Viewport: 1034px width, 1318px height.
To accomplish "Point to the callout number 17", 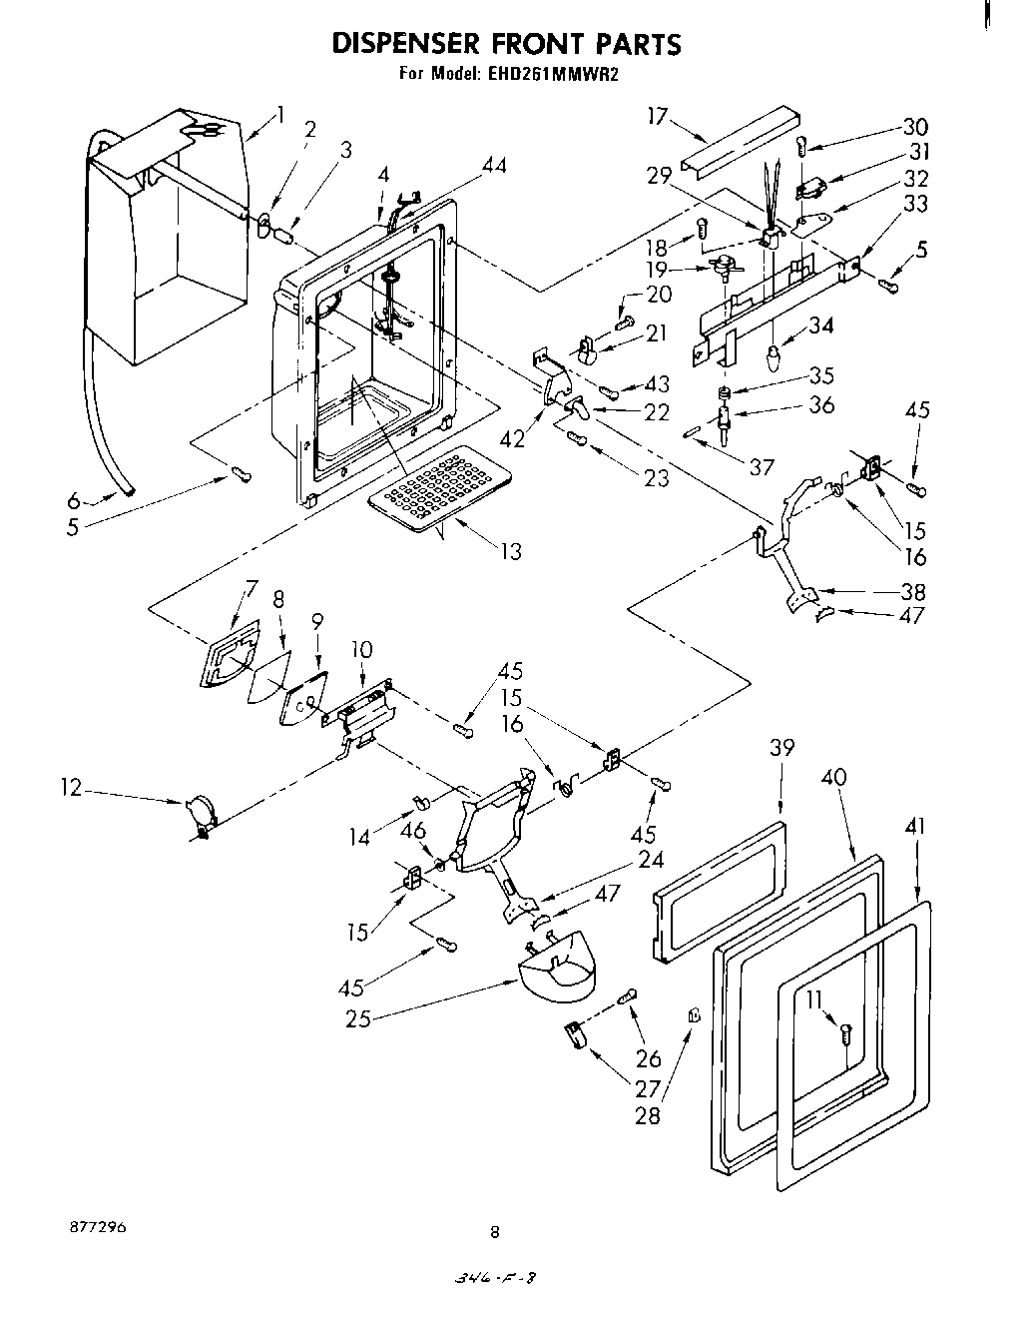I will (x=656, y=116).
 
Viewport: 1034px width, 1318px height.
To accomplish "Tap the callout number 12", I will (x=70, y=788).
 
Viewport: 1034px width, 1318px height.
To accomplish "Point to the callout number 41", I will (x=916, y=826).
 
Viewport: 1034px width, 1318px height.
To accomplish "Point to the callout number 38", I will (x=912, y=590).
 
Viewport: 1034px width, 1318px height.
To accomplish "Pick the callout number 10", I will (x=361, y=650).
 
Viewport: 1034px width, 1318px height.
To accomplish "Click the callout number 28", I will (x=648, y=1114).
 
